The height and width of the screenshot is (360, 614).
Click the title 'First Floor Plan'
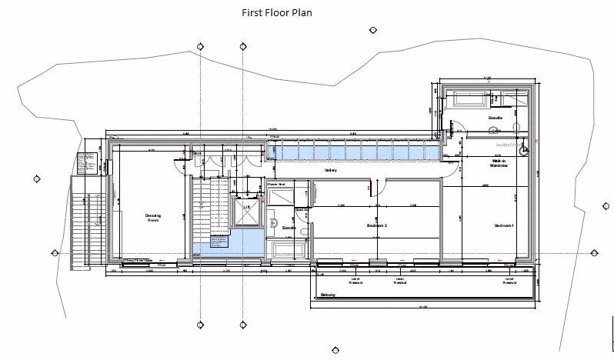tap(276, 12)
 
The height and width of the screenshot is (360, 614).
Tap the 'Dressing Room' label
tap(152, 218)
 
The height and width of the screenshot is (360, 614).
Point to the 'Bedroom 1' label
tap(503, 225)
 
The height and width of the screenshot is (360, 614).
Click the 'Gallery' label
tap(332, 170)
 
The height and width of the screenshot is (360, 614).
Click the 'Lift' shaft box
tap(247, 210)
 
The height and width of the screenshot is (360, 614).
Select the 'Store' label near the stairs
tap(196, 153)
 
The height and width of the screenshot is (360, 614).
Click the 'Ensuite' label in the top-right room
tap(496, 118)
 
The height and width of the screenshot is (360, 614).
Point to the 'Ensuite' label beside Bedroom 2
tap(289, 228)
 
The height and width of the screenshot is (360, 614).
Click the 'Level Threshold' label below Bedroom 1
tap(509, 281)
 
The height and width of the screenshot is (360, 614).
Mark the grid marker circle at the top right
tap(372, 31)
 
